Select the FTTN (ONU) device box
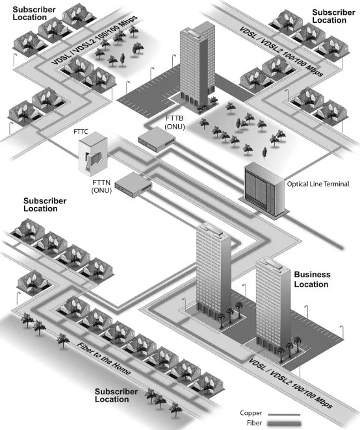[133, 184]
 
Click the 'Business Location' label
[312, 279]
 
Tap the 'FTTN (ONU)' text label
[101, 187]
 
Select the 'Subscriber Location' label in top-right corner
[333, 16]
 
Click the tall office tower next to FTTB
[197, 65]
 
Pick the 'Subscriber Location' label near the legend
[116, 396]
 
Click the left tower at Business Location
[214, 273]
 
